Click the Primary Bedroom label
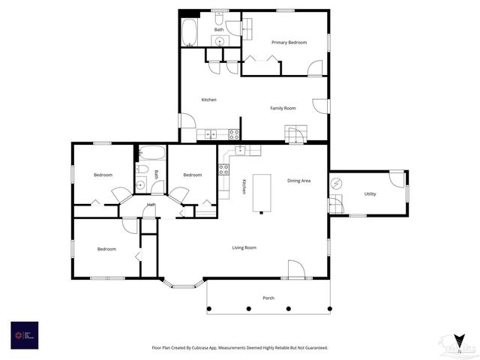[x=289, y=43]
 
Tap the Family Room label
[x=283, y=108]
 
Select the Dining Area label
[x=298, y=181]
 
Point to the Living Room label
[x=244, y=247]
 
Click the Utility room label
[x=370, y=194]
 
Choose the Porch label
[x=268, y=298]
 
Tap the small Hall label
[x=151, y=205]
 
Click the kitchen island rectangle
[x=262, y=193]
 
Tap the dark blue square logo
[x=24, y=334]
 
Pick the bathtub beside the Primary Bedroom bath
[x=189, y=33]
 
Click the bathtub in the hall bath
[x=152, y=153]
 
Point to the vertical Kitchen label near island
[x=244, y=187]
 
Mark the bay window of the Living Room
[x=181, y=284]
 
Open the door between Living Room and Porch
[x=295, y=270]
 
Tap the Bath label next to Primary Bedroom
[x=218, y=29]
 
